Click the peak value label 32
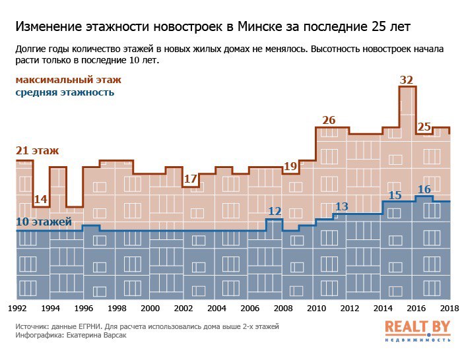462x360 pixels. click(407, 80)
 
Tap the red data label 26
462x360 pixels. click(329, 120)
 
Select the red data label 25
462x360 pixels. click(424, 127)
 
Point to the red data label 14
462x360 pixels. click(40, 199)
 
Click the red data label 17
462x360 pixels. click(190, 179)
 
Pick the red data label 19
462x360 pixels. click(290, 167)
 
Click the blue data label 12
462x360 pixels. click(275, 212)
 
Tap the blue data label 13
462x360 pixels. click(341, 206)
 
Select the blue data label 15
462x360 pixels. click(395, 195)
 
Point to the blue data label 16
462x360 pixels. click(424, 190)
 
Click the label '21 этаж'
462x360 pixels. click(37, 151)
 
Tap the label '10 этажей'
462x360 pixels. click(43, 222)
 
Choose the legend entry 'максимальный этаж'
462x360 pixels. click(69, 80)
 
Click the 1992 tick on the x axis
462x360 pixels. click(18, 309)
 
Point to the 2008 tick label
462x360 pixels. click(282, 309)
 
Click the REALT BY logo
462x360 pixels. click(417, 330)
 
